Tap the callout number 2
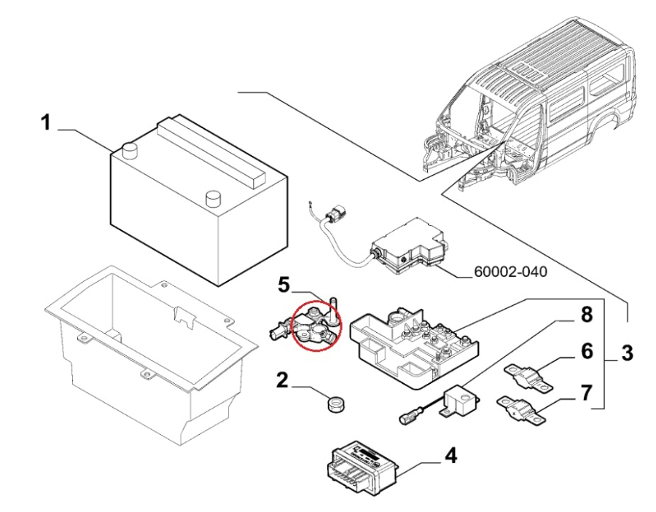coord(281,379)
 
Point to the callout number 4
coord(451,456)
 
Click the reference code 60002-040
coord(510,272)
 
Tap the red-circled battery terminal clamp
coord(312,328)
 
